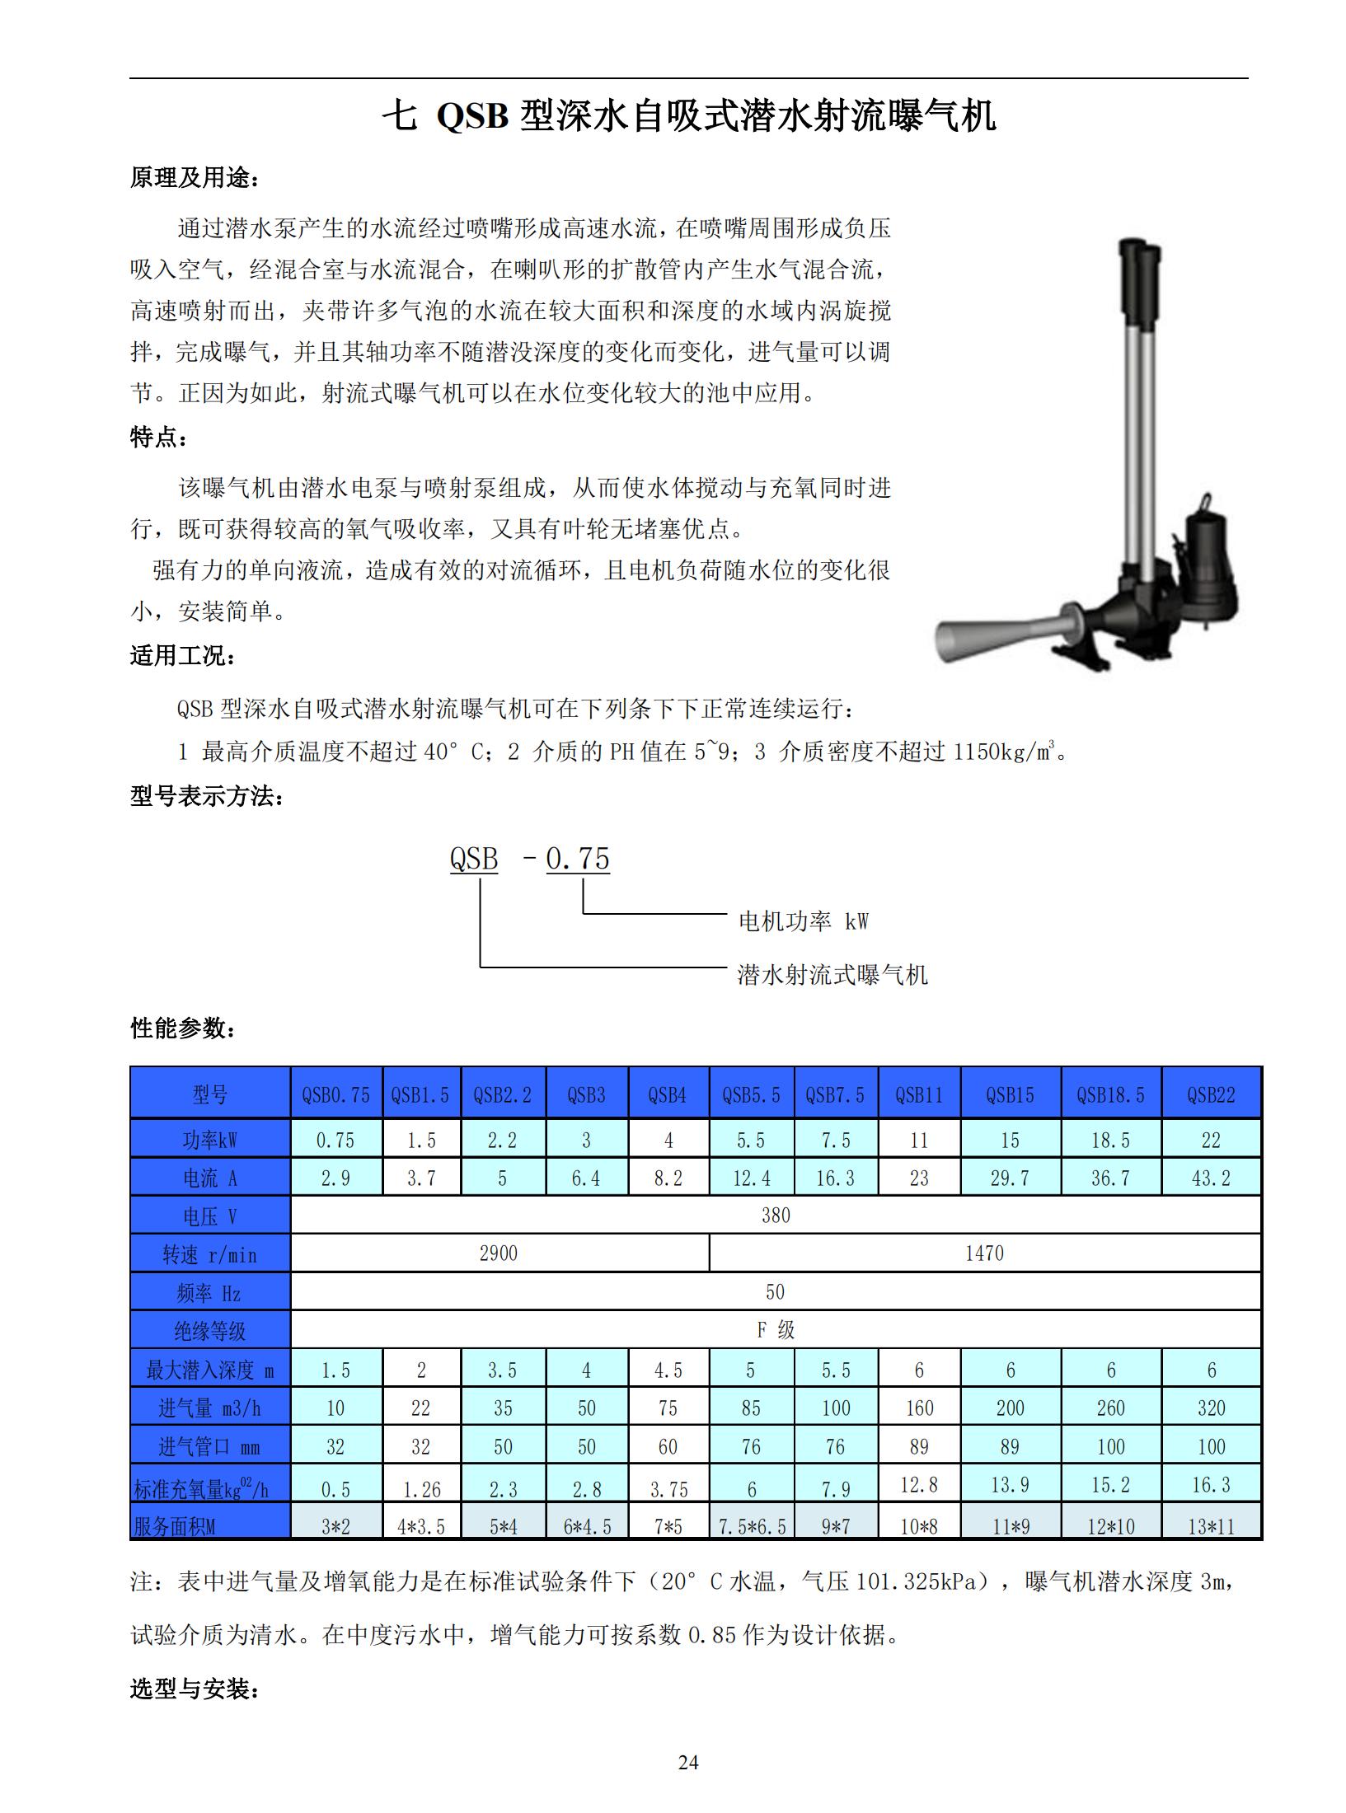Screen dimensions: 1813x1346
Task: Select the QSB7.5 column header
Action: [836, 1094]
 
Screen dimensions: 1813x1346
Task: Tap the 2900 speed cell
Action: [499, 1253]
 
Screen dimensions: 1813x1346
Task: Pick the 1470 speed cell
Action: [984, 1253]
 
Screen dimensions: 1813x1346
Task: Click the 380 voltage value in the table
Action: [776, 1216]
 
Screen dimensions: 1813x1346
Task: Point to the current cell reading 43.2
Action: [1211, 1178]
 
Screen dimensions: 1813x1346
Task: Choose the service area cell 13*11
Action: [1211, 1526]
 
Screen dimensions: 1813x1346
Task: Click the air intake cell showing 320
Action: [1211, 1408]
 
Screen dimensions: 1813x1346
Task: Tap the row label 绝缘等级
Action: [209, 1331]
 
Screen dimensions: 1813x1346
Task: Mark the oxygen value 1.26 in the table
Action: [420, 1489]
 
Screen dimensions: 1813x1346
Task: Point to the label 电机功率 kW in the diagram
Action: [804, 921]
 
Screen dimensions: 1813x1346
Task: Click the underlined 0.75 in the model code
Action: [578, 859]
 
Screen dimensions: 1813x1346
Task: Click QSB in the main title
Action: [471, 116]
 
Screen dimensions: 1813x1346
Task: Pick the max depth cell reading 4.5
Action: [668, 1370]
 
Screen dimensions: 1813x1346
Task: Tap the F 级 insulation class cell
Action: [776, 1329]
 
